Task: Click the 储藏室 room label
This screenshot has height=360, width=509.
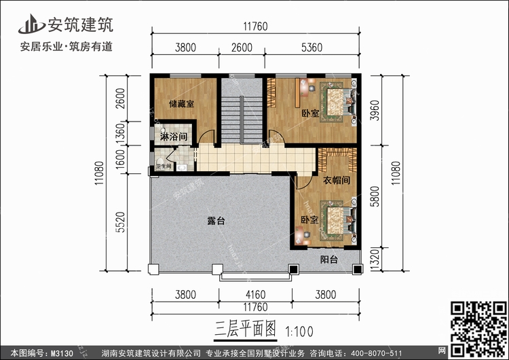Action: pyautogui.click(x=181, y=104)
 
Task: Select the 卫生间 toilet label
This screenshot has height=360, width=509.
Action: pyautogui.click(x=164, y=166)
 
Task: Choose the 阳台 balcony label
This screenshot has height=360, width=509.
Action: pyautogui.click(x=332, y=259)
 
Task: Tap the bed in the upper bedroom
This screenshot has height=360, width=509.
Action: pyautogui.click(x=337, y=103)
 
